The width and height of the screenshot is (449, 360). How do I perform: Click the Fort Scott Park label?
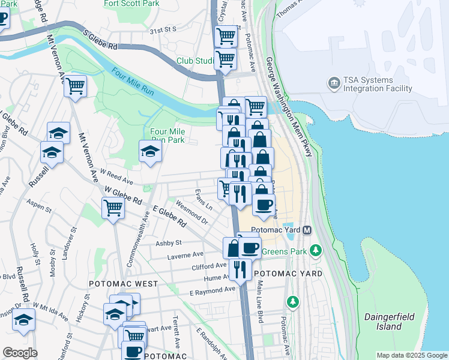[x=131, y=4]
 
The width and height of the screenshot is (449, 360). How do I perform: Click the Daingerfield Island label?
[x=383, y=321]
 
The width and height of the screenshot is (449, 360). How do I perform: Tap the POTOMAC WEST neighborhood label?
[x=124, y=283]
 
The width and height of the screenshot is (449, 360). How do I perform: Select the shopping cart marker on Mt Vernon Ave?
[x=75, y=86]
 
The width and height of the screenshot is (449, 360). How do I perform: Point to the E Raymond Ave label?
[x=212, y=290]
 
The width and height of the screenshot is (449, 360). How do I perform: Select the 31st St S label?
[x=163, y=29]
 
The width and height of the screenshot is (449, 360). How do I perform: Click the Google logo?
[x=19, y=353]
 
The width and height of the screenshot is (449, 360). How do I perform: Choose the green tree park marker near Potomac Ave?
[x=293, y=301]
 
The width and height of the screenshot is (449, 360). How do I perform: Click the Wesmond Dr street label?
[x=191, y=216]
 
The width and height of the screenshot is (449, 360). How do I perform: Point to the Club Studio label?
[x=196, y=61]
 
